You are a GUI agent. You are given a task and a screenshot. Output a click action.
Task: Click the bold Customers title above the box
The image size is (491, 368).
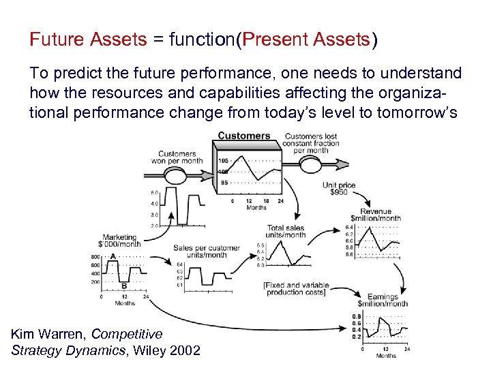(x=243, y=136)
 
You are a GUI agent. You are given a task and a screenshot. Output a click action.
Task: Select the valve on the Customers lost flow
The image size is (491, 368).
(x=310, y=164)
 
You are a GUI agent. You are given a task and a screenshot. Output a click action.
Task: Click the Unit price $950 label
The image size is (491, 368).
(x=339, y=189)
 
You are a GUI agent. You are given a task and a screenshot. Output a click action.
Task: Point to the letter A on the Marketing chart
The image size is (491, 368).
(x=113, y=256)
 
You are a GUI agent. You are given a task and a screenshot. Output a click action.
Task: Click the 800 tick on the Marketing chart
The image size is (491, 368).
(x=95, y=257)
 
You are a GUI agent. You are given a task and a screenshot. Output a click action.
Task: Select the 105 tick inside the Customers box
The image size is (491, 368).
(x=224, y=162)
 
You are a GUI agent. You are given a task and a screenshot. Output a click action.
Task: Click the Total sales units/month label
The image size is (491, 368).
(x=286, y=232)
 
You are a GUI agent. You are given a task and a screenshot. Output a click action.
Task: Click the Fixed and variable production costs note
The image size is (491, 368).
(x=296, y=288)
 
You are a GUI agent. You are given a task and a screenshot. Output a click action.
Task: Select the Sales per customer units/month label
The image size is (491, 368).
(x=206, y=251)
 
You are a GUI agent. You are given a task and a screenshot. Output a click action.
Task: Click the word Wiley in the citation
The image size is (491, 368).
(x=151, y=351)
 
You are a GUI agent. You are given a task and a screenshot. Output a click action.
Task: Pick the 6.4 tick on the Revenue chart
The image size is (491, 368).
(x=349, y=227)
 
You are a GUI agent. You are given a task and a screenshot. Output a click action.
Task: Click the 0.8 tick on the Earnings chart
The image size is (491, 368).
(x=356, y=316)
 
